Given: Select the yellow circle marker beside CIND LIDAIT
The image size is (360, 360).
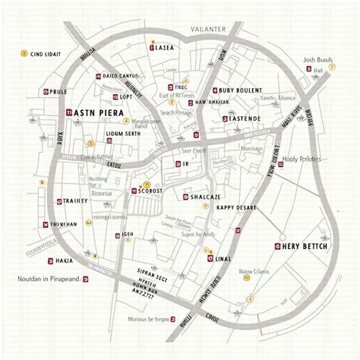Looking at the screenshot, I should pos(24,54).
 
